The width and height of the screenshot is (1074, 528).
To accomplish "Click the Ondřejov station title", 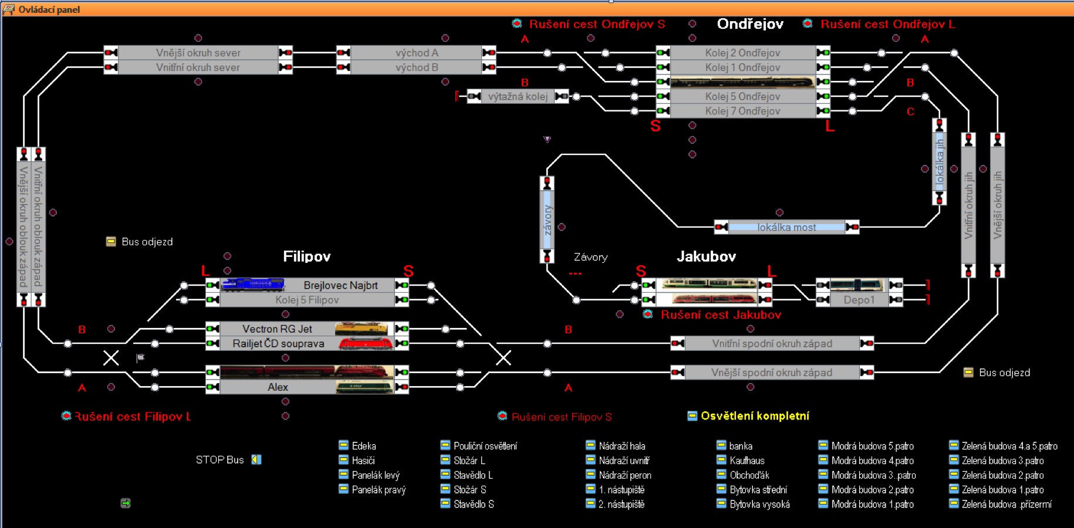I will (750, 24).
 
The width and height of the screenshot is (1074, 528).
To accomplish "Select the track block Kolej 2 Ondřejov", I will (742, 53).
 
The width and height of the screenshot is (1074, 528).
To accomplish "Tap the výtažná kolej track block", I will (518, 96).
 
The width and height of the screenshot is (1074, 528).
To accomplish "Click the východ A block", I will (417, 53).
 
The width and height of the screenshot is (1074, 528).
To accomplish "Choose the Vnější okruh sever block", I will (198, 53).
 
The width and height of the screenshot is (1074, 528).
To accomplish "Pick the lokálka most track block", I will (786, 227).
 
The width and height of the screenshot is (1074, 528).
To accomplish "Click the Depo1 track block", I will (859, 300).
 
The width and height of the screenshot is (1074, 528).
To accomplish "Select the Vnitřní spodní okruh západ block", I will (772, 344).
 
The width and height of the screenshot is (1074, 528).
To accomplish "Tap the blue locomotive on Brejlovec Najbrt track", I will (253, 285).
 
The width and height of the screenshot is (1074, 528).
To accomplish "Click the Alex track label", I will (278, 387).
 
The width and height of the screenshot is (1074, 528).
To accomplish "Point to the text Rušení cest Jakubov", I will (721, 315).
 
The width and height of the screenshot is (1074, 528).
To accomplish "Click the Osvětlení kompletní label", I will (755, 416).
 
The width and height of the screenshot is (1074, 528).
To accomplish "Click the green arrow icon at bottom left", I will (126, 503).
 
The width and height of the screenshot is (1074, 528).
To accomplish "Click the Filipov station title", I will (306, 256).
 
